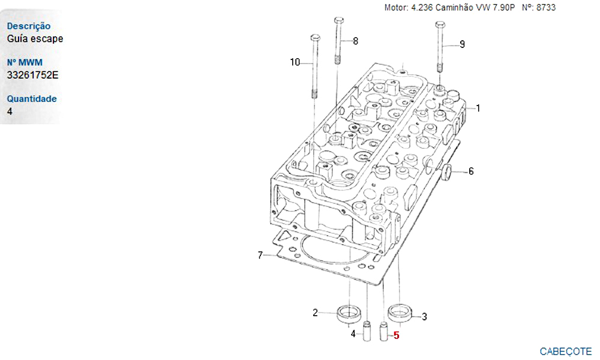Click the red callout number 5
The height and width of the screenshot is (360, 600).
(397, 335)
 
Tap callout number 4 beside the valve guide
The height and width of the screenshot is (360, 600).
(353, 334)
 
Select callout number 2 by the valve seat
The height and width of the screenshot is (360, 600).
(315, 313)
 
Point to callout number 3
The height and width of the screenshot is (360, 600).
(424, 317)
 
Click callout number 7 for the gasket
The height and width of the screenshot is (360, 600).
(260, 255)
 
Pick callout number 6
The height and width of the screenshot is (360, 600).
(471, 172)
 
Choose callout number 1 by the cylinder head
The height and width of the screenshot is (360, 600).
(478, 108)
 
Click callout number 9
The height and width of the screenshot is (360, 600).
(462, 44)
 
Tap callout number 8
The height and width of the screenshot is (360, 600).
(355, 41)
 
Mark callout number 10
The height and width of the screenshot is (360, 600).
(295, 62)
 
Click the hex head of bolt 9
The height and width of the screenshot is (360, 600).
(440, 25)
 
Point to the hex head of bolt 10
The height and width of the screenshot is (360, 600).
(316, 37)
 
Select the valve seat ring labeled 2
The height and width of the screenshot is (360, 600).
(349, 314)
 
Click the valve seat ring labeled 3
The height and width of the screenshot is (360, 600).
(400, 312)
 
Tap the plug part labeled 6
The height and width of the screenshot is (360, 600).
(446, 172)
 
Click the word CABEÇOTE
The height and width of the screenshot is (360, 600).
(566, 351)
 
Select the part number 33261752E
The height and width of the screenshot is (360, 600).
(32, 75)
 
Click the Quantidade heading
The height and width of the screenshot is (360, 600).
(32, 99)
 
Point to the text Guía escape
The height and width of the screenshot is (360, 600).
(35, 38)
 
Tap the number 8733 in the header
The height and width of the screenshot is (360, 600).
(546, 7)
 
